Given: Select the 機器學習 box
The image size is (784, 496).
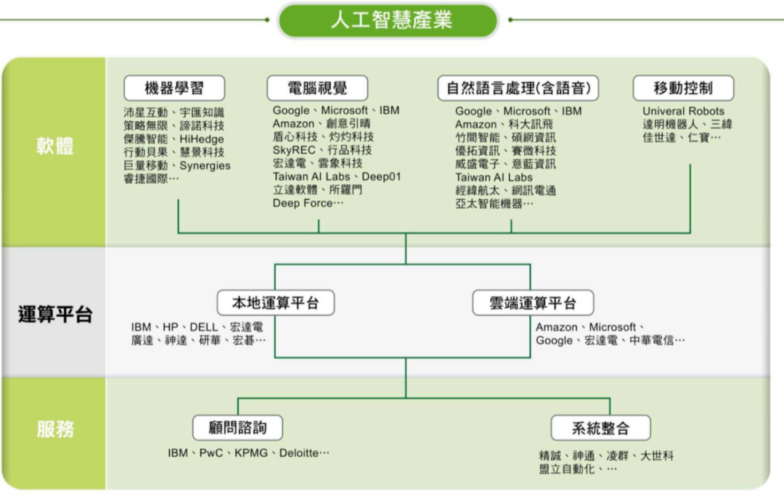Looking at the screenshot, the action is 174,88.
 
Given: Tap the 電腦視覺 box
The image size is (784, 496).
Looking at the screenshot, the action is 317,88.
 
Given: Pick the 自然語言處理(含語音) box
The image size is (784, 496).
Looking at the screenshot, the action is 518,88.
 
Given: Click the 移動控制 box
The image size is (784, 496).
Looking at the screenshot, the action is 684,88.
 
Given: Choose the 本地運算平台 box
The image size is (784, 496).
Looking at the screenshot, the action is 276,302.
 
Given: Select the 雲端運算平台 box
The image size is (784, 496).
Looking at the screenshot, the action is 533,302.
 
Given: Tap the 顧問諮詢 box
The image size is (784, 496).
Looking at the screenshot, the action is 237,428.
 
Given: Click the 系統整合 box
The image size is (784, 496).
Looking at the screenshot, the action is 600,428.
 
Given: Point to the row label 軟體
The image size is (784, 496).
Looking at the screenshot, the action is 55,146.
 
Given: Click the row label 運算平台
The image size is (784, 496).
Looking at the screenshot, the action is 55,314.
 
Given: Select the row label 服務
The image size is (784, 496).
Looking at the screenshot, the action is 55,429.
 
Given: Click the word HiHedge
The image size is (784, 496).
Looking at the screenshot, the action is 202,139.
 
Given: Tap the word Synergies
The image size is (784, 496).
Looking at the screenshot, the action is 205,166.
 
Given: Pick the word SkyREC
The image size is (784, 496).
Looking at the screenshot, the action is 294,150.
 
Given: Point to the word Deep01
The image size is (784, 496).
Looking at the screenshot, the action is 381,177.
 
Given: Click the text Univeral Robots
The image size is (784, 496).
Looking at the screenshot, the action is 684,112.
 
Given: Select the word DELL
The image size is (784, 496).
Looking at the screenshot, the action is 203,327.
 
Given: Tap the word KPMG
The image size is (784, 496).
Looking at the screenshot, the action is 251,453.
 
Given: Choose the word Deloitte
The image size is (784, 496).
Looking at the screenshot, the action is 299,453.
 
